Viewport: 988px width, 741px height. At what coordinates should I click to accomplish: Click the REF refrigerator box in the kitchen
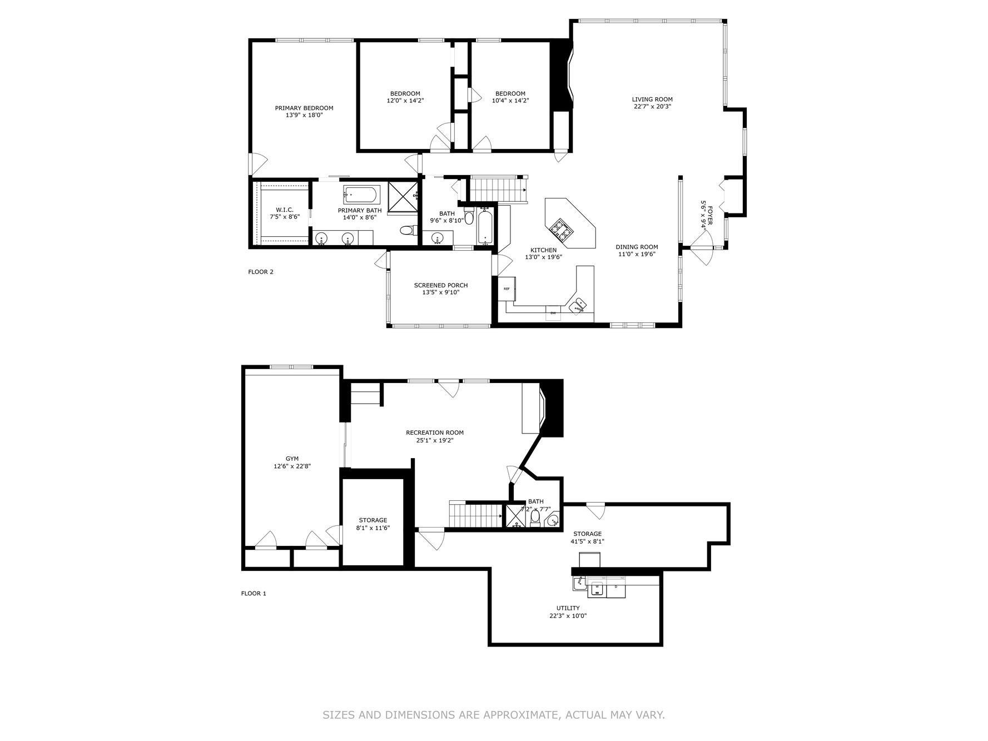(x=507, y=289)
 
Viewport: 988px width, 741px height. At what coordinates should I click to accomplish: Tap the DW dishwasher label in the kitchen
(x=553, y=314)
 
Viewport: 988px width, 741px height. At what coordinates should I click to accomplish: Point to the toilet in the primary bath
(x=408, y=230)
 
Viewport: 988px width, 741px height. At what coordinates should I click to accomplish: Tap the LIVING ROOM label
(x=652, y=100)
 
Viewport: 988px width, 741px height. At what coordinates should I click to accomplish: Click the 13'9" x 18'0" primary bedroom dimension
(x=304, y=115)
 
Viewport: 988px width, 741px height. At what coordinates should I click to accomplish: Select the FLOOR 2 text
(x=261, y=272)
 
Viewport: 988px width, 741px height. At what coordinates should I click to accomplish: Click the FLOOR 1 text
(x=254, y=593)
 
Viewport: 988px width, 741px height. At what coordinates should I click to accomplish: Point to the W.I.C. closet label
(x=284, y=210)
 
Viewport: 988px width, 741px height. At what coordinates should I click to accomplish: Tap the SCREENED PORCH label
(x=440, y=285)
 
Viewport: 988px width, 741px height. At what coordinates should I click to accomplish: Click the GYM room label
(x=292, y=459)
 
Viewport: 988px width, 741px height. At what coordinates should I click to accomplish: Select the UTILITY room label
(x=568, y=608)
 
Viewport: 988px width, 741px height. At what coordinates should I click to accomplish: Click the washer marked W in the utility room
(x=597, y=588)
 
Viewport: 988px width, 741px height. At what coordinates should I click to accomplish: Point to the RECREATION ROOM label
(x=434, y=432)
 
